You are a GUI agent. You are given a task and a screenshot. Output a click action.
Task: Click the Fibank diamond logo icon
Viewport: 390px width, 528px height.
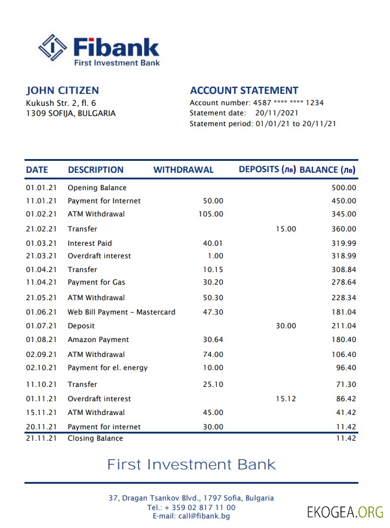[52, 48]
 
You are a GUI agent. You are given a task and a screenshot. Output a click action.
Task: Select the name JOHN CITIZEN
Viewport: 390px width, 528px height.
[62, 91]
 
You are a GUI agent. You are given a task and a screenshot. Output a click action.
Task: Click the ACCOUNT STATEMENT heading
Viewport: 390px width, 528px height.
[244, 91]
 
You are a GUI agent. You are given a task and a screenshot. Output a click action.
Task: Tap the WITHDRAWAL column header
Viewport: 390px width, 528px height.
[183, 170]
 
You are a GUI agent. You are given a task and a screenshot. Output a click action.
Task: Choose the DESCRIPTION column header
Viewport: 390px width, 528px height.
[96, 170]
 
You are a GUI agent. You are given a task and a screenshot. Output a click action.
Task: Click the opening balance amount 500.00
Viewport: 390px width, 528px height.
[343, 188]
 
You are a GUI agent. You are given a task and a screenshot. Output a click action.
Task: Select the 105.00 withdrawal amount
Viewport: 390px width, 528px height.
[211, 214]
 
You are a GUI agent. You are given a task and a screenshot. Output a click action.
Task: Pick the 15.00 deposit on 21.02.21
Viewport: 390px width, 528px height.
[285, 229]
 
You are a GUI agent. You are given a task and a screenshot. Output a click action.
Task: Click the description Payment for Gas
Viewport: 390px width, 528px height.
[96, 282]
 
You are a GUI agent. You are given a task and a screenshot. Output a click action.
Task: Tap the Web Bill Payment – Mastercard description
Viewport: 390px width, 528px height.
[121, 312]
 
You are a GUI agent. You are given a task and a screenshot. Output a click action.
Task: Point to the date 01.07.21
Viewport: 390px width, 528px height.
[41, 326]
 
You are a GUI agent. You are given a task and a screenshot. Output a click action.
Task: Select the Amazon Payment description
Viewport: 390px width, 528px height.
[98, 340]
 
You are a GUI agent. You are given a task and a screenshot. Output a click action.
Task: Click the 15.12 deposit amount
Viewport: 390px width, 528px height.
[285, 399]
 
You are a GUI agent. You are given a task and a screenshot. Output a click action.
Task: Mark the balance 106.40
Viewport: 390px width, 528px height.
[343, 355]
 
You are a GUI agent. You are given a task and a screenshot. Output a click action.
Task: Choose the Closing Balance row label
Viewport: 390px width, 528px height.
[95, 438]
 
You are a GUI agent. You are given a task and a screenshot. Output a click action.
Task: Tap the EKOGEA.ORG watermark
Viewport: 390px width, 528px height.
[345, 512]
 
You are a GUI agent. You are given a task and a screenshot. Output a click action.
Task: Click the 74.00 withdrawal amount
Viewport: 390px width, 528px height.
[213, 355]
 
